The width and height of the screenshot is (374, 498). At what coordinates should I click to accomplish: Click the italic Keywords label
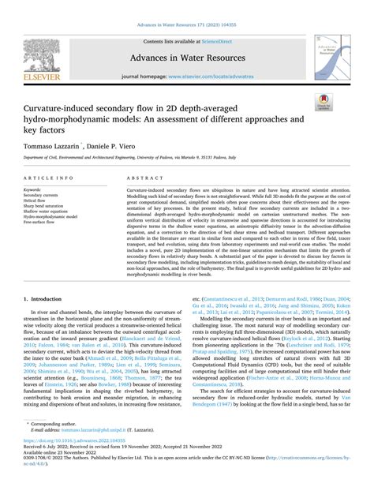(36, 190)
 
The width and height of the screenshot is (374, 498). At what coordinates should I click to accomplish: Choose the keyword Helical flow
(38, 200)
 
